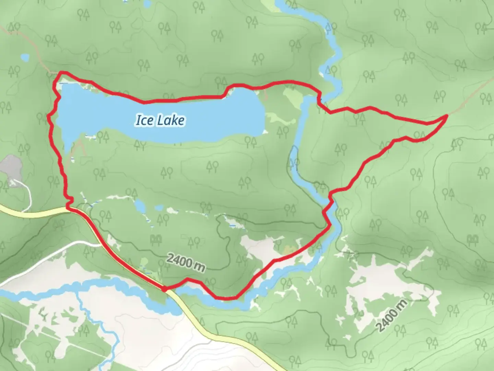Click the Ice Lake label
[160, 120]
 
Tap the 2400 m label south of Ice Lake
[186, 262]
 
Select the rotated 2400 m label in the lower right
[392, 315]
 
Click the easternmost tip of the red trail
[447, 116]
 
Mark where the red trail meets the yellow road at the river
[164, 289]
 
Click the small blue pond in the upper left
[25, 57]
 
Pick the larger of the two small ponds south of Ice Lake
[140, 206]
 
